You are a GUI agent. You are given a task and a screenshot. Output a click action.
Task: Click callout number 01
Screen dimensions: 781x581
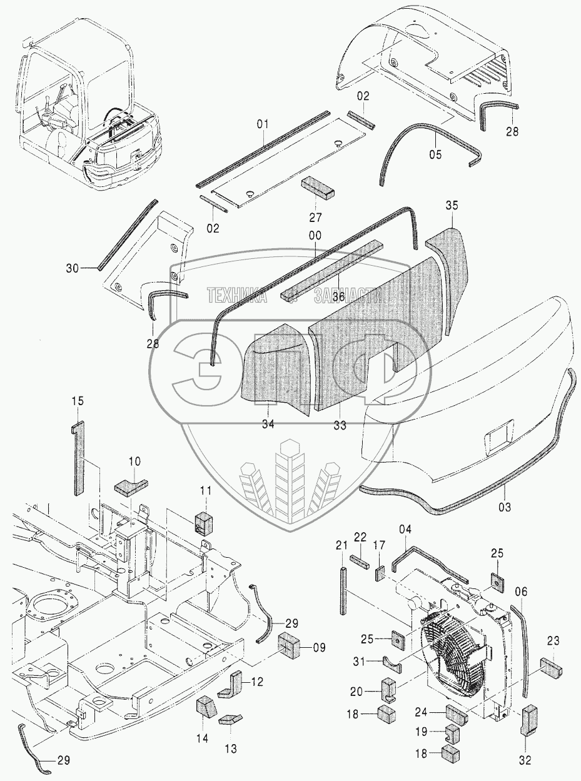262,124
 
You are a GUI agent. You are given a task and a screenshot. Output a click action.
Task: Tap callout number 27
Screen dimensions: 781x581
315,218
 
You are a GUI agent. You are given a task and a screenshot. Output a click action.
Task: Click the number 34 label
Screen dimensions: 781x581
267,425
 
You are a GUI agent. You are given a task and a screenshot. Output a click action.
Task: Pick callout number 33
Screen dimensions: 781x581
340,425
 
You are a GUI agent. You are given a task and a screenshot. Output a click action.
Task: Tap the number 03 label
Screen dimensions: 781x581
505,507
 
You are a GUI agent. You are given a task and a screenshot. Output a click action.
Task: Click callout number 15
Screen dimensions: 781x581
77,400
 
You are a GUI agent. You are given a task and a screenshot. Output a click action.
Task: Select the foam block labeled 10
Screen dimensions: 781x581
130,485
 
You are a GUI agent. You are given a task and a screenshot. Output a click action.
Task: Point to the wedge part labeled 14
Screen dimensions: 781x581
206,710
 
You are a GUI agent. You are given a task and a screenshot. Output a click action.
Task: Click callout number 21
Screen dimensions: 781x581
341,546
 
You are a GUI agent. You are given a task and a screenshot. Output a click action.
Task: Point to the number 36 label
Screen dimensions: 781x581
338,296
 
